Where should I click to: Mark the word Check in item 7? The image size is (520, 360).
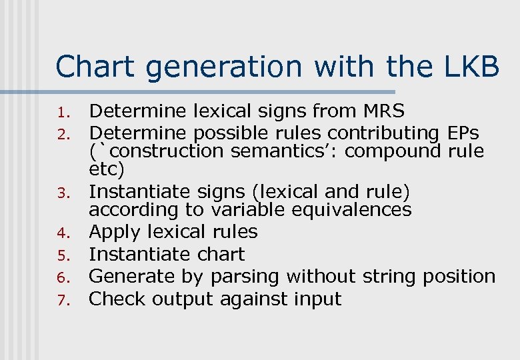pyautogui.click(x=117, y=299)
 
